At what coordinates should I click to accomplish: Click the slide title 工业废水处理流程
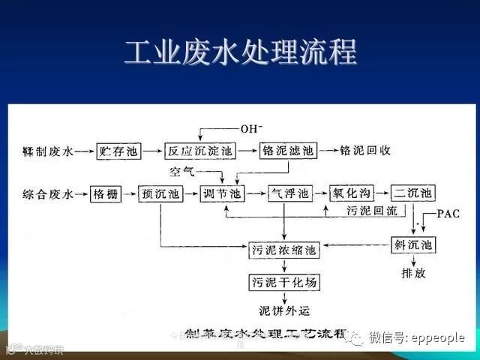pos(240,53)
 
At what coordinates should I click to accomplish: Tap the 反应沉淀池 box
pos(200,151)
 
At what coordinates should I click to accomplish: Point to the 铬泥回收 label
pos(365,151)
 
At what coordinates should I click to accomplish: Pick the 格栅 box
pos(105,194)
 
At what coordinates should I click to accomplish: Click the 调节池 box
pos(225,194)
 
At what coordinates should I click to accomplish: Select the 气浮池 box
pos(289,194)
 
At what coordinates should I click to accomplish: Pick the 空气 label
pos(182,172)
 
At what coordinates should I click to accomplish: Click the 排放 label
pos(414,272)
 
